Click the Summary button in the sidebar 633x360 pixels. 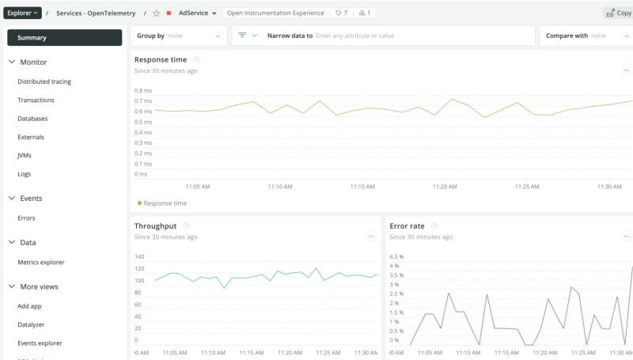click(x=64, y=37)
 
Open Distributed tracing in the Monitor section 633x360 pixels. click(x=44, y=81)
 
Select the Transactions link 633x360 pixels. click(x=36, y=100)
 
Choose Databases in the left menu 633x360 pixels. click(x=32, y=119)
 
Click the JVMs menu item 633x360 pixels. click(x=25, y=155)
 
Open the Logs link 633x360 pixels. click(x=24, y=174)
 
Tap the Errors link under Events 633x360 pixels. click(x=26, y=218)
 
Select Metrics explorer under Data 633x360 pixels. click(x=41, y=263)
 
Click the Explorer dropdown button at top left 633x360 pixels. click(x=22, y=13)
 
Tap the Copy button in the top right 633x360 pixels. click(x=618, y=13)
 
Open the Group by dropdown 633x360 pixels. click(x=179, y=36)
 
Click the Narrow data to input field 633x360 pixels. click(x=419, y=36)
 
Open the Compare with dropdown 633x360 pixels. click(x=586, y=36)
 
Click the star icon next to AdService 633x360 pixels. click(x=156, y=13)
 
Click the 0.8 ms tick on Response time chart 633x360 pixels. click(x=142, y=91)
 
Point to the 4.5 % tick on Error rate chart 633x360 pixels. click(x=397, y=256)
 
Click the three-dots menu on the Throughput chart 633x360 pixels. click(x=370, y=237)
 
